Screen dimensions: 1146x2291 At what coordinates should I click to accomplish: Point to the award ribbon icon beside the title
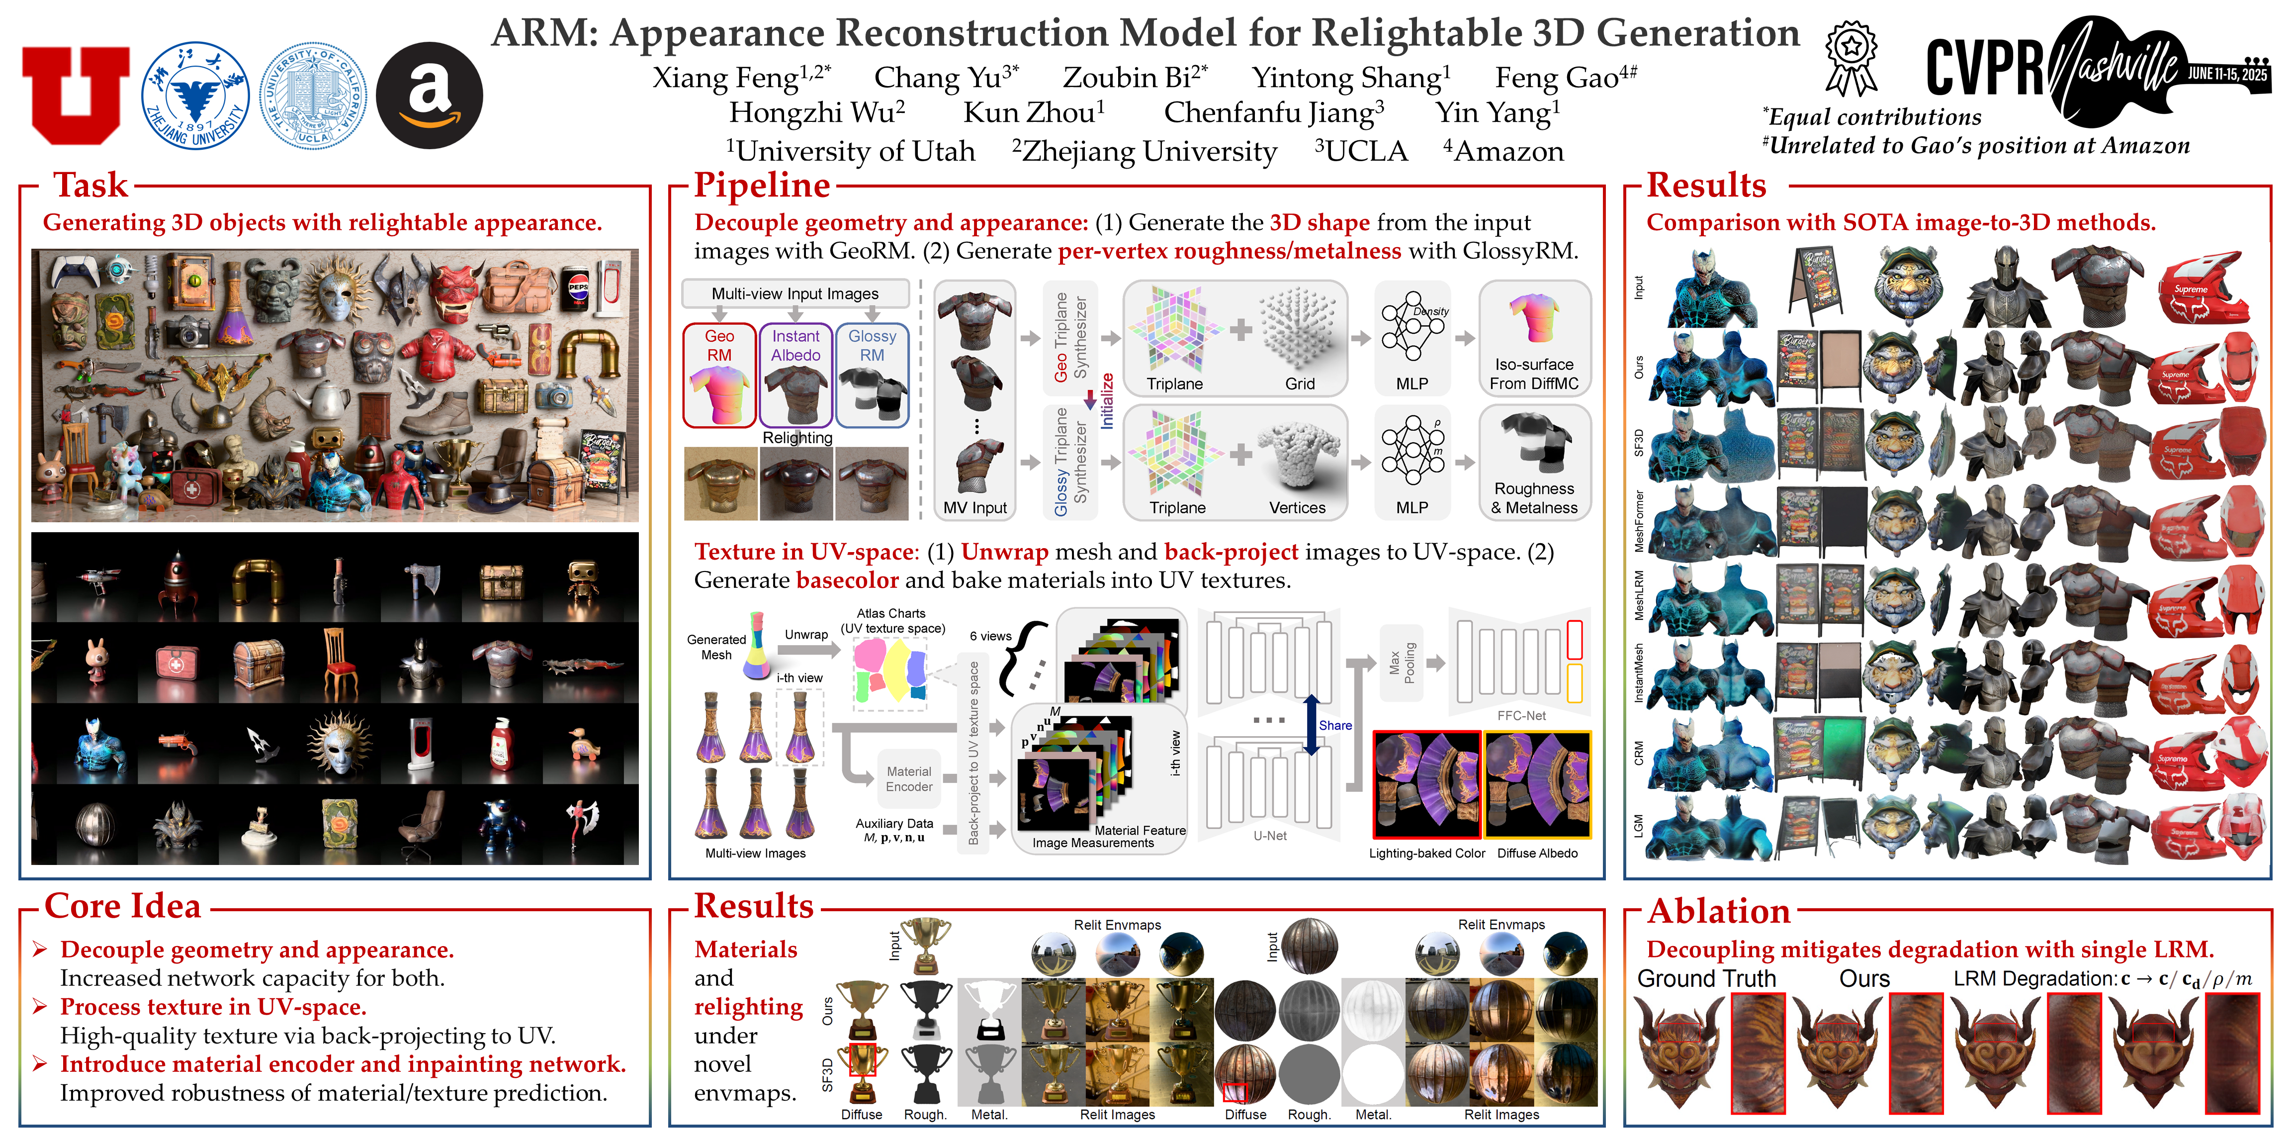click(1851, 58)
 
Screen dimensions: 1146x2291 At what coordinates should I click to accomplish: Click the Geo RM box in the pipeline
click(719, 375)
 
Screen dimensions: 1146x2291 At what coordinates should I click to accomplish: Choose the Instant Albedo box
click(796, 375)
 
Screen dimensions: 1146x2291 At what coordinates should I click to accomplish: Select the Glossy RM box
click(872, 375)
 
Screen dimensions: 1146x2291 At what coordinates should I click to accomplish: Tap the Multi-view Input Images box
click(795, 293)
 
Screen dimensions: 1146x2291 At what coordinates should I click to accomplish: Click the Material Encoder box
click(909, 779)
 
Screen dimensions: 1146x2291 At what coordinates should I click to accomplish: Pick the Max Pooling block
click(1402, 663)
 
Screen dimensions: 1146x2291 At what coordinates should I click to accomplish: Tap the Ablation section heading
click(1718, 911)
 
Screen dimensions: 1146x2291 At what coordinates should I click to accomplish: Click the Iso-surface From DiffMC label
click(1534, 374)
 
